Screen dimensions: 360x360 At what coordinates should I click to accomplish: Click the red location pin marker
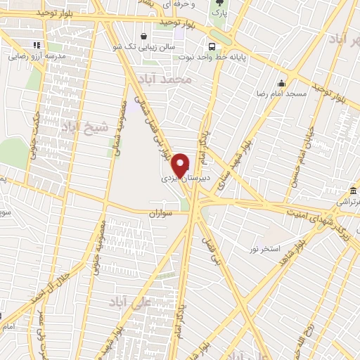point(181,164)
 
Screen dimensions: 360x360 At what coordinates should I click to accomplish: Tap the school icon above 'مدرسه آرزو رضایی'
point(37,45)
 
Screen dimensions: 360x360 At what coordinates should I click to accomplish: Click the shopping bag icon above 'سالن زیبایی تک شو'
point(144,37)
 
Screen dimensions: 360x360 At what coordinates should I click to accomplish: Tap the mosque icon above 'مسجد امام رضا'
point(281,82)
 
